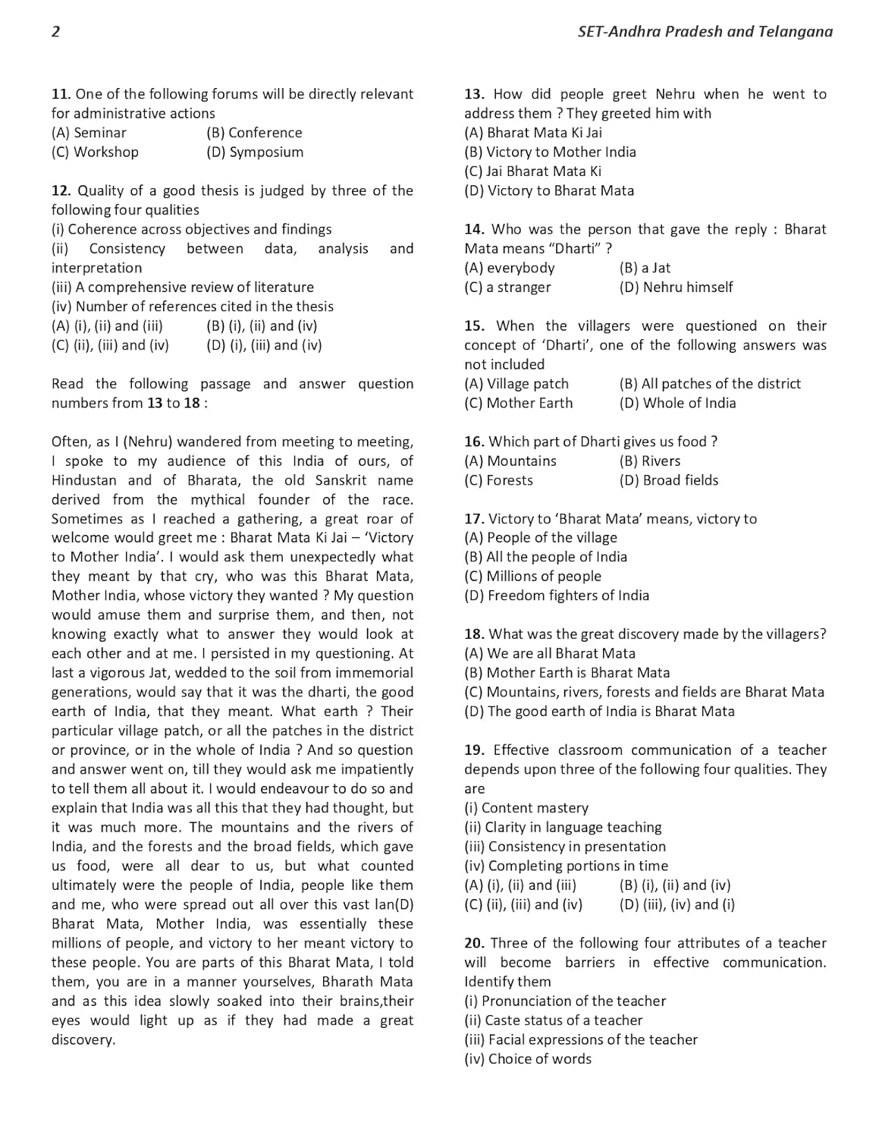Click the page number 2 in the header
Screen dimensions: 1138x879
coord(55,32)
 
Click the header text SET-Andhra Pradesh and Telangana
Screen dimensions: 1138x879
coord(705,32)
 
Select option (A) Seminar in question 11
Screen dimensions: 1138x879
coord(89,133)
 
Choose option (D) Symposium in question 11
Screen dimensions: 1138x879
coord(255,152)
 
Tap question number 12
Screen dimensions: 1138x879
coord(61,190)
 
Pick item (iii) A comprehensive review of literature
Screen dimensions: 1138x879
coord(182,287)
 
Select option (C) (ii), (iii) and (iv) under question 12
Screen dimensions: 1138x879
coord(110,345)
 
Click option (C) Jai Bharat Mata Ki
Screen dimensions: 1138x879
coord(532,171)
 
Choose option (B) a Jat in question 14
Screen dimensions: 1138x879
coord(645,268)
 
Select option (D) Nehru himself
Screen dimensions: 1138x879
coord(676,287)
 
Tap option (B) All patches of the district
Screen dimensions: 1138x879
coord(710,384)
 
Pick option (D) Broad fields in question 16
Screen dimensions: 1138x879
coord(668,480)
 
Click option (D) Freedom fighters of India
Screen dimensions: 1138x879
coord(557,596)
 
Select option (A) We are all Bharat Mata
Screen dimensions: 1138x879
coord(550,653)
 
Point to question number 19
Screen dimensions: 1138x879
coord(474,750)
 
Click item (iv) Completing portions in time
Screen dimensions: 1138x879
coord(566,866)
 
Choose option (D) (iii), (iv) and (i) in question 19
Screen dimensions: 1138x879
coord(677,904)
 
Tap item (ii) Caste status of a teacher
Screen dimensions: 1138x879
coord(553,1020)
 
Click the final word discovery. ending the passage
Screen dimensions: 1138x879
coord(83,1040)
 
